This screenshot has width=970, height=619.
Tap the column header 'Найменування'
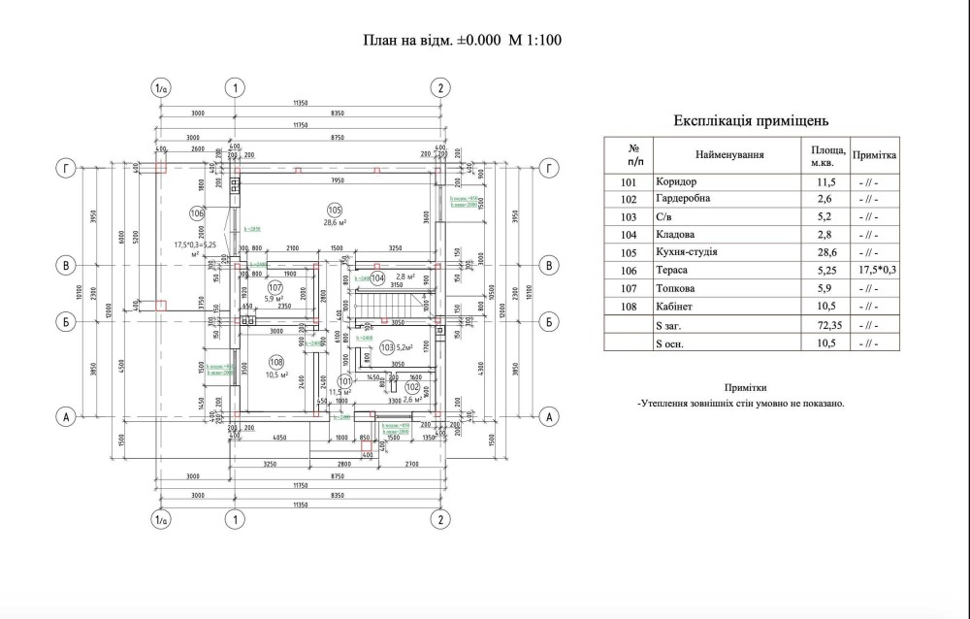(729, 153)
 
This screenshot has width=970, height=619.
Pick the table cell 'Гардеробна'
(683, 198)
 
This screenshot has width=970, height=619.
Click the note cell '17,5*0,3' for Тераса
(876, 270)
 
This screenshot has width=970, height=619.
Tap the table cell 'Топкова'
(676, 288)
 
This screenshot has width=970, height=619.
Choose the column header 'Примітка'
(876, 154)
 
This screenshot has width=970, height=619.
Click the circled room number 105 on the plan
(334, 210)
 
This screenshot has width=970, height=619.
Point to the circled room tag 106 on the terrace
(197, 212)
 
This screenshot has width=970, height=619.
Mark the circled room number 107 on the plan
(275, 286)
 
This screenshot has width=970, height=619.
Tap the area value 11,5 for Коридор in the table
(827, 180)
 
